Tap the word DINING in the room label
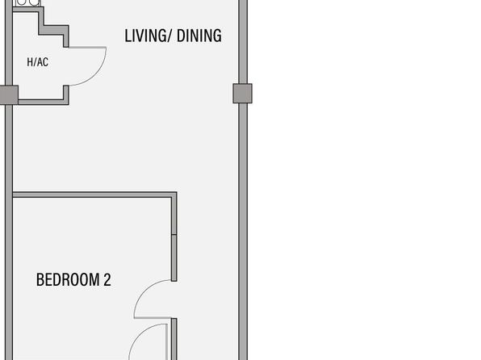pos(199,36)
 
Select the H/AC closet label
pos(37,62)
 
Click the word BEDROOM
pos(68,279)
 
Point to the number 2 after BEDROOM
pos(107,279)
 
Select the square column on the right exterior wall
pos(242,94)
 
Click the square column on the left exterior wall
pos(9,95)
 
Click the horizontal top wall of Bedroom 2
pos(92,195)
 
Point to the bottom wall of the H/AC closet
pos(44,102)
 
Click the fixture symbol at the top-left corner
pos(28,3)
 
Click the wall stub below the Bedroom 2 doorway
pos(174,339)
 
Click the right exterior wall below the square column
pos(243,232)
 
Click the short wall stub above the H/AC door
pos(66,40)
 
